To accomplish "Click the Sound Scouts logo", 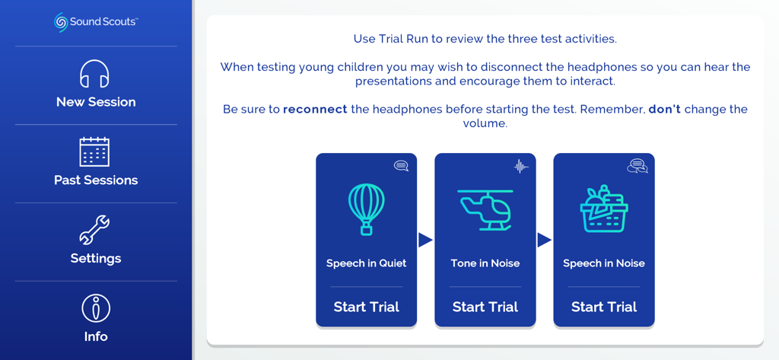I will tap(95, 22).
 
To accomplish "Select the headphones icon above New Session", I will tap(95, 75).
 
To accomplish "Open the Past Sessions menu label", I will tap(96, 180).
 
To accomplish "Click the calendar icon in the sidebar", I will tap(95, 152).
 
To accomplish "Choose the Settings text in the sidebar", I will tap(96, 259).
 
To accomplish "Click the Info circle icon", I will tap(96, 308).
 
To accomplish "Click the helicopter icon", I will tap(485, 209).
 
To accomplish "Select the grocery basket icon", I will tap(603, 209).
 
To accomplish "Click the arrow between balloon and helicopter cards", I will tap(425, 240).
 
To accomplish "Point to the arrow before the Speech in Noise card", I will tap(544, 240).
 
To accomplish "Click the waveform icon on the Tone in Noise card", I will tap(520, 166).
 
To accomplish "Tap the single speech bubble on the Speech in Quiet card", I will tap(401, 166).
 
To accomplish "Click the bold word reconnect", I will tap(315, 110).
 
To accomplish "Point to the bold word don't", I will tap(664, 110).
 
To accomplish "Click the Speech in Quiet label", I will tap(367, 263).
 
